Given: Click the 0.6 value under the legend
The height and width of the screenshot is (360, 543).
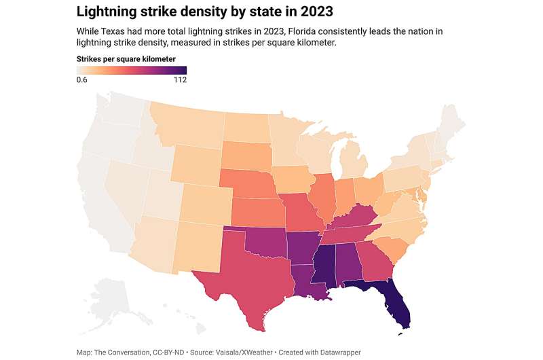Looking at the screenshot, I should point(82,79).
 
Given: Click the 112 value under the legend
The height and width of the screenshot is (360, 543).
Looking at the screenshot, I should point(179,79).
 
